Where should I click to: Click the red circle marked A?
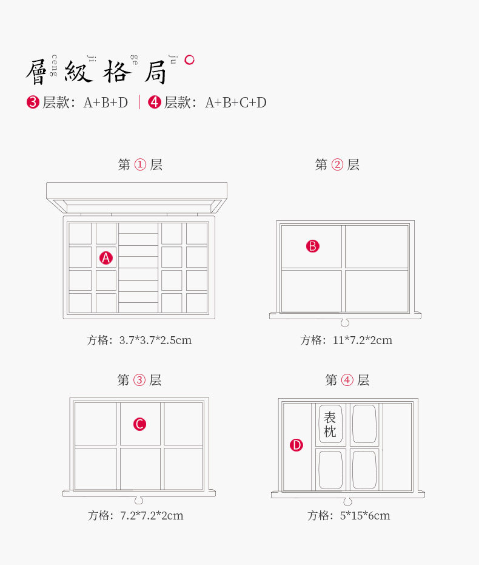[106, 258]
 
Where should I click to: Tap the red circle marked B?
[312, 246]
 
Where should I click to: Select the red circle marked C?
[139, 424]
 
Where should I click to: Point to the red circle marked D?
[296, 445]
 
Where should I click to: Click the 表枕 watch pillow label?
[330, 425]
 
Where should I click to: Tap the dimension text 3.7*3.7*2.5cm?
[155, 340]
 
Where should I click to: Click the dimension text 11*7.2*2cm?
[363, 340]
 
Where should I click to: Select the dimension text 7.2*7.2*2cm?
[152, 516]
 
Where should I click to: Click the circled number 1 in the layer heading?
[140, 164]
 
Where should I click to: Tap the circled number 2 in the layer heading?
[337, 164]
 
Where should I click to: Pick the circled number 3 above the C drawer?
[139, 381]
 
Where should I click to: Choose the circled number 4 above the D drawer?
[347, 381]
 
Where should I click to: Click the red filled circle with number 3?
[33, 103]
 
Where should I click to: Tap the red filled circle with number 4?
[155, 103]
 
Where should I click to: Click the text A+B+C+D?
[236, 103]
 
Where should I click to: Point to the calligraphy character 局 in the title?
[155, 72]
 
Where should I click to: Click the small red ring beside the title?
[189, 59]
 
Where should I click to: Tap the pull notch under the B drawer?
[345, 322]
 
